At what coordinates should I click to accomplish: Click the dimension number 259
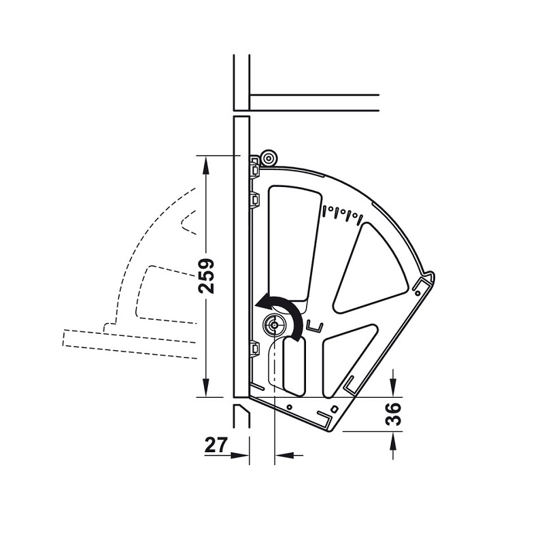coord(206,276)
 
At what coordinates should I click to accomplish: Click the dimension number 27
coord(216,445)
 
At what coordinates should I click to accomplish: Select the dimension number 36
coord(394,414)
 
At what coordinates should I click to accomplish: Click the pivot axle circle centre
coord(275,325)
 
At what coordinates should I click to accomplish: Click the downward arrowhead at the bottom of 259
coord(206,388)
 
